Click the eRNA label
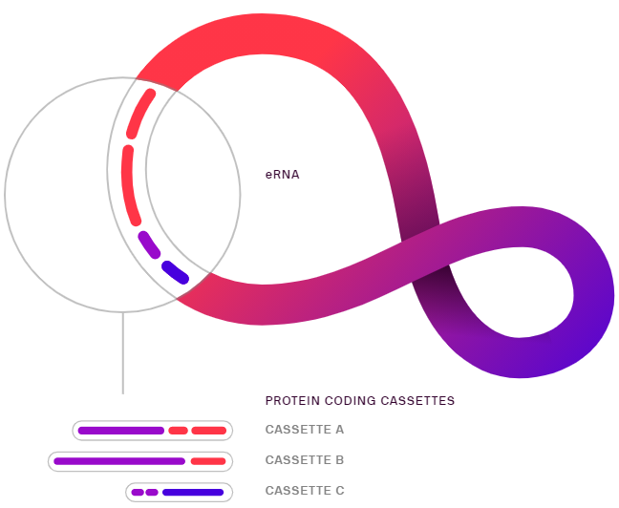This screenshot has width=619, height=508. pos(282,175)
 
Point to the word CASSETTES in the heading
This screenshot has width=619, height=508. pos(417,401)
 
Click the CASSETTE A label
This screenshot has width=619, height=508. pos(305,430)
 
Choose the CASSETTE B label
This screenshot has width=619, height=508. pos(305,460)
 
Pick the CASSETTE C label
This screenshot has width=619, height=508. pos(305,491)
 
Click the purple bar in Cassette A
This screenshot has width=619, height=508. pos(121,431)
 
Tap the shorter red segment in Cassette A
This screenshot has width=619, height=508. pos(178,431)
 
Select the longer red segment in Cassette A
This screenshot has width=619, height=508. pos(209,431)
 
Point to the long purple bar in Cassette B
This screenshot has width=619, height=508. pos(119,461)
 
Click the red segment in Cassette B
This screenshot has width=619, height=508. pos(208,461)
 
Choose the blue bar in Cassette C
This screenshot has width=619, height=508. pos(193,492)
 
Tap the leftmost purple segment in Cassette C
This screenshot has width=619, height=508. pos(138,492)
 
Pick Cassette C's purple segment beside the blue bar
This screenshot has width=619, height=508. pos(152,492)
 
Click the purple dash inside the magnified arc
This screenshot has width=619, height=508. pos(149,244)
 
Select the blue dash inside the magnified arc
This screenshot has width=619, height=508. pos(175,272)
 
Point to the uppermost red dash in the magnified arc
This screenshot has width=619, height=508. pos(139,114)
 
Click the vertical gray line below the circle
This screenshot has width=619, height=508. pos(123,353)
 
